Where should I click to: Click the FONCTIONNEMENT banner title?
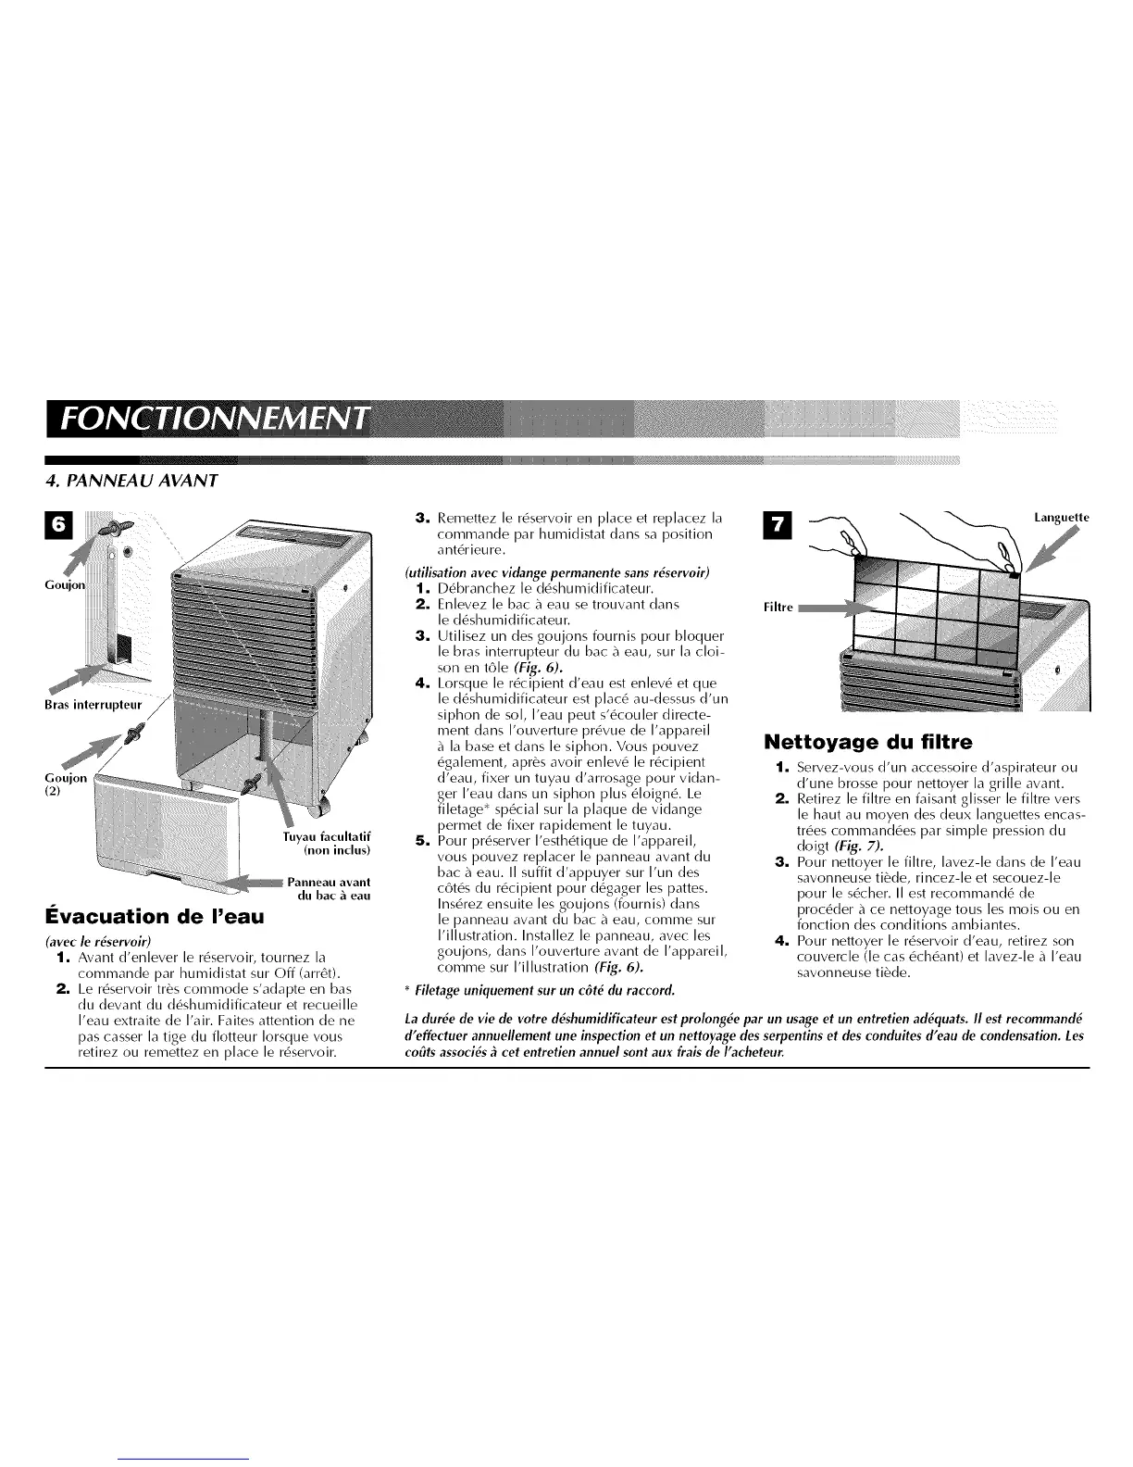[215, 419]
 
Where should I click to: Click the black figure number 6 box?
[58, 524]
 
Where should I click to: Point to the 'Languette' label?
[1062, 517]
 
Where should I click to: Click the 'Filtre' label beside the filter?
[778, 607]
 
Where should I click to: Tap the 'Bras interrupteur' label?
[93, 705]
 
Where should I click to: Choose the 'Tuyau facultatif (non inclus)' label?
[328, 843]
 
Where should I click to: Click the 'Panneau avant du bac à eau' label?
[330, 888]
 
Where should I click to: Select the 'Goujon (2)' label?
[66, 784]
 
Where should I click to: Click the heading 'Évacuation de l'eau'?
[155, 916]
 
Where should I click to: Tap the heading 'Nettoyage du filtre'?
[868, 742]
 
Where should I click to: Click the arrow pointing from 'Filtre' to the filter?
[837, 608]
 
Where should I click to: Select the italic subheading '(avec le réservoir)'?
[98, 941]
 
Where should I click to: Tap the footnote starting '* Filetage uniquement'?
[540, 990]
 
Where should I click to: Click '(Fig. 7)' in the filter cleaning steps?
[858, 846]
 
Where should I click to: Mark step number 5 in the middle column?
[422, 841]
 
